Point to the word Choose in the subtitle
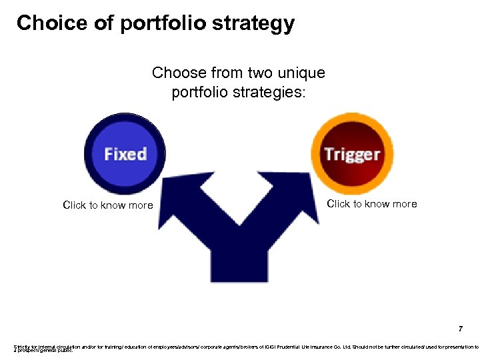point(179,72)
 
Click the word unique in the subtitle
point(301,72)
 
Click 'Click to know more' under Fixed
point(108,205)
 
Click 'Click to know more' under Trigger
point(372,204)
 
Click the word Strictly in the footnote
point(22,347)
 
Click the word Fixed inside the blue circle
point(125,154)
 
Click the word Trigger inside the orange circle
point(352,154)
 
